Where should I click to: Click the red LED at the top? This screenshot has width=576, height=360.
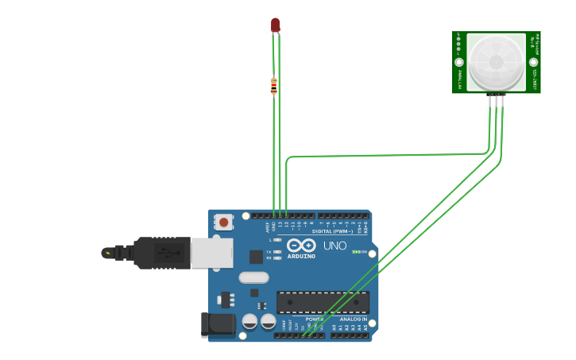pos(275,25)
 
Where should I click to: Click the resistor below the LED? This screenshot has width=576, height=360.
pos(274,86)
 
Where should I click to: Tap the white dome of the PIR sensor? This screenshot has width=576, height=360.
pos(496,62)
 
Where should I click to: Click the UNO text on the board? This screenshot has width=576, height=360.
pos(334,246)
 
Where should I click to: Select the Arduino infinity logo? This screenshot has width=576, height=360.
pos(302,246)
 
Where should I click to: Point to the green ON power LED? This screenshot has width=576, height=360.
pos(357,252)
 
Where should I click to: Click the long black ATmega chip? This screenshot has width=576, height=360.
pos(323,302)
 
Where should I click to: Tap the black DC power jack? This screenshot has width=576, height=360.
pos(217,324)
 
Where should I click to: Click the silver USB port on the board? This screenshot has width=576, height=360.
pos(212,252)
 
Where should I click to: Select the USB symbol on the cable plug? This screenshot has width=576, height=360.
pos(165,253)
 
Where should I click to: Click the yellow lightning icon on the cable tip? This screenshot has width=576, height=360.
pos(107,253)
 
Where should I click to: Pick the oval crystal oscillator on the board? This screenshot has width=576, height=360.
pos(253,277)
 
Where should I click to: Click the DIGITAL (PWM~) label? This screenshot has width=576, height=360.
pos(334,231)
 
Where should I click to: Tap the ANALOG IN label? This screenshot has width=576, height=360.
pos(354,319)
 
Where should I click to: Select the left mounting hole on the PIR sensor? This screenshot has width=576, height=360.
pos(459,62)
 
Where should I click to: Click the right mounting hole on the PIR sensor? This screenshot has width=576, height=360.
pos(534,62)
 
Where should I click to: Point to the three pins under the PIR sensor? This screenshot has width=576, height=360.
pos(497,95)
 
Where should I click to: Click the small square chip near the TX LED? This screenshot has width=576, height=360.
pos(256,257)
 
